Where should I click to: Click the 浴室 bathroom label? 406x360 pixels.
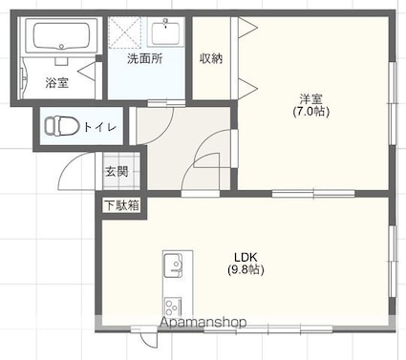[56, 83]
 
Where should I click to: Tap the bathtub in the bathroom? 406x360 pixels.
[61, 35]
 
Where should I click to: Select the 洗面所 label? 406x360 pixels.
[145, 58]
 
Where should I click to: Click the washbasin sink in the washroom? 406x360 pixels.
[165, 32]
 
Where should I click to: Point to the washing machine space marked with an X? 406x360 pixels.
[125, 32]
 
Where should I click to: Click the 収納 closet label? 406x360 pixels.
[211, 58]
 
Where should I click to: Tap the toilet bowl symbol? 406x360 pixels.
[61, 125]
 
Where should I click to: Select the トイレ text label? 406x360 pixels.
[99, 127]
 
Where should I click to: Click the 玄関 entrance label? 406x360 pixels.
[117, 172]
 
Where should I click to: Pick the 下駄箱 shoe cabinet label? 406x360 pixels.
[122, 205]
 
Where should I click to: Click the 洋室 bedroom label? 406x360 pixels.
[310, 99]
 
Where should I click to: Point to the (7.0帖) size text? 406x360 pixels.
[310, 112]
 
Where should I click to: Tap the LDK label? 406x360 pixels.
[246, 257]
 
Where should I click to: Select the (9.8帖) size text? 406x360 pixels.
[246, 270]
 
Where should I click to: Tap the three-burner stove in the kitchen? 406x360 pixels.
[173, 307]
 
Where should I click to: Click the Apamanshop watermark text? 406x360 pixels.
[203, 322]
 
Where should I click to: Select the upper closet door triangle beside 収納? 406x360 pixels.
[247, 28]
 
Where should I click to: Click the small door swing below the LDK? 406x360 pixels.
[149, 340]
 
